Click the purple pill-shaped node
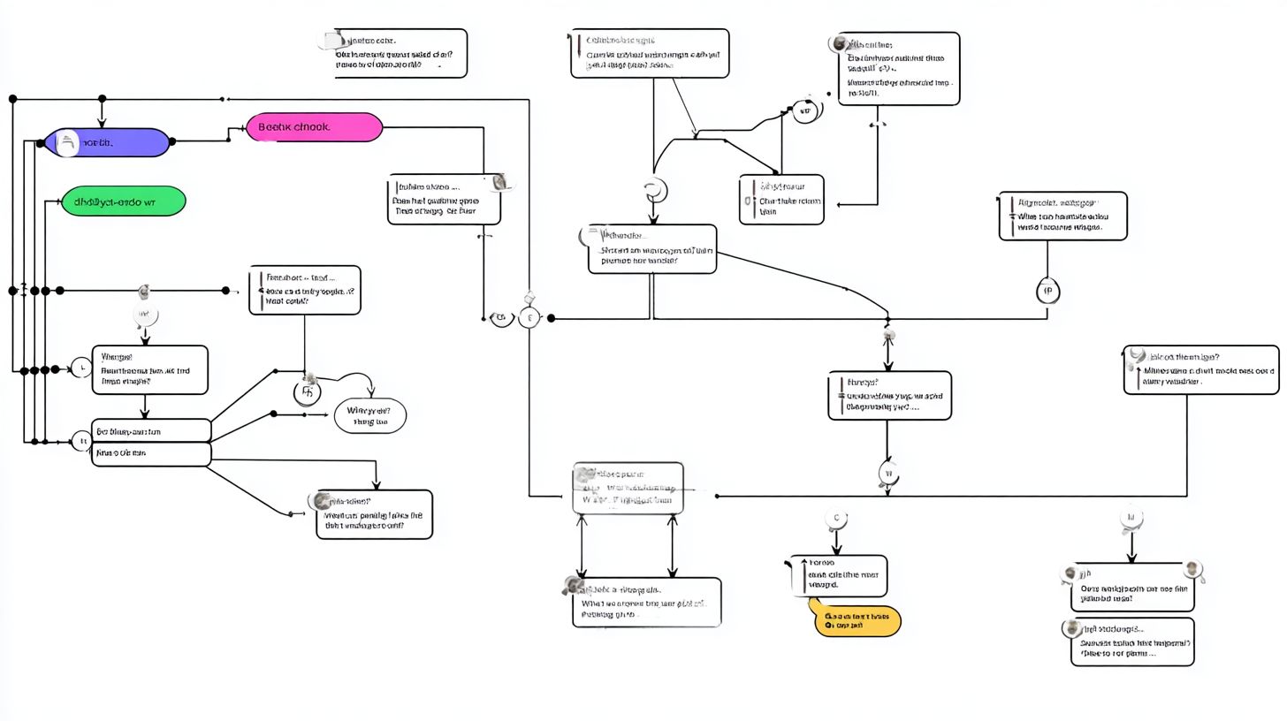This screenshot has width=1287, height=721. click(107, 142)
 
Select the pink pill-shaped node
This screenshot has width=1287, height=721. click(314, 127)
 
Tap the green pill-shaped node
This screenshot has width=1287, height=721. click(124, 201)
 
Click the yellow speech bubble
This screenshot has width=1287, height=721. click(856, 620)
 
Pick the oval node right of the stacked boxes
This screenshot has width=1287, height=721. click(370, 415)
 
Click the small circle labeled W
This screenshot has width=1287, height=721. click(887, 474)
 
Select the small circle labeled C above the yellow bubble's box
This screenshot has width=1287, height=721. click(835, 519)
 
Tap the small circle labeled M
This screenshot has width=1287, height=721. click(1131, 518)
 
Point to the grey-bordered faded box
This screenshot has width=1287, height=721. click(628, 488)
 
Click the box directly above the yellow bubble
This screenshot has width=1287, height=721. click(837, 575)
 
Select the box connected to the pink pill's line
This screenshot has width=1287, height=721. click(444, 199)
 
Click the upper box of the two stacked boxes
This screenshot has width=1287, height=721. click(151, 430)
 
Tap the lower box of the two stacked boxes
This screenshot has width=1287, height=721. click(151, 453)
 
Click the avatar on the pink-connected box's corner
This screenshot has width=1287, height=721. click(501, 181)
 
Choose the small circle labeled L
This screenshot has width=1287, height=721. click(80, 368)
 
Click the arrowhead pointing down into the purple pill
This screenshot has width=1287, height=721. click(102, 123)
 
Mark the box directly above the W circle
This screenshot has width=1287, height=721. click(889, 395)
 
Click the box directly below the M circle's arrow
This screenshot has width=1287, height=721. click(1131, 587)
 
